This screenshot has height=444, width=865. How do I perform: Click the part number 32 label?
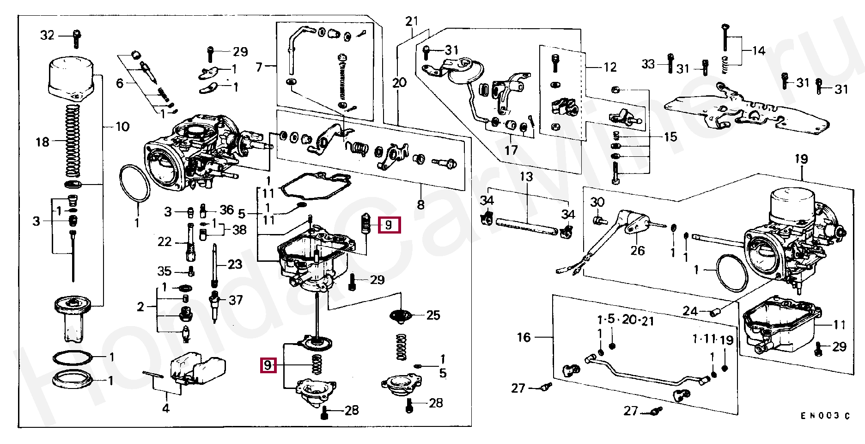click(47, 35)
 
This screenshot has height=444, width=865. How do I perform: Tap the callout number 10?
click(122, 127)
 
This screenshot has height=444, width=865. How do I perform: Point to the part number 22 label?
click(164, 242)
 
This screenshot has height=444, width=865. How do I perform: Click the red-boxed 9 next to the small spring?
click(389, 225)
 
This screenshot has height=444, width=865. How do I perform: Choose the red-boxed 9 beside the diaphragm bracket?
click(268, 365)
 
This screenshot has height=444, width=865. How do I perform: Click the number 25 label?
click(433, 315)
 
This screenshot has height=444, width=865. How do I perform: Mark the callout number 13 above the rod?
click(526, 177)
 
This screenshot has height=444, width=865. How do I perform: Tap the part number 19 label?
click(801, 159)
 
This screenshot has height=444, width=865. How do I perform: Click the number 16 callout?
click(524, 337)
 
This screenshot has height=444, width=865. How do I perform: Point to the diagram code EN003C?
click(825, 416)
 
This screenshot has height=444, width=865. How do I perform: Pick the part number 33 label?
click(648, 64)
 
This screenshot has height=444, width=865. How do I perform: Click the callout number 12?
click(610, 68)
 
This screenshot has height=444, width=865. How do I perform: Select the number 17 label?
click(511, 150)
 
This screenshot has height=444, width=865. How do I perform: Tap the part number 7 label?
click(259, 68)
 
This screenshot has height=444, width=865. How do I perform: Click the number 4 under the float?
click(165, 408)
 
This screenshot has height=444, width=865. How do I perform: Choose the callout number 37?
click(236, 300)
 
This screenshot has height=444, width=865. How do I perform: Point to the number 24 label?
click(690, 311)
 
